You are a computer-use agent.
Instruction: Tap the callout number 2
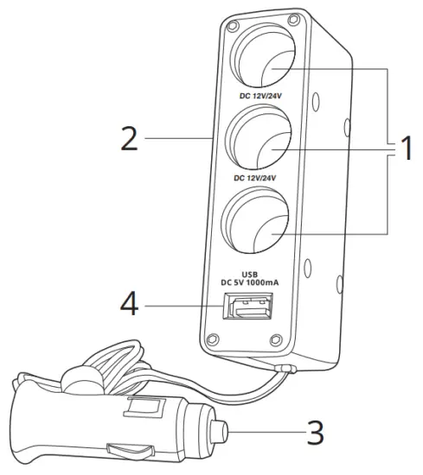pyautogui.click(x=129, y=138)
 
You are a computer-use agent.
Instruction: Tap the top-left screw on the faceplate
pyautogui.click(x=233, y=27)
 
